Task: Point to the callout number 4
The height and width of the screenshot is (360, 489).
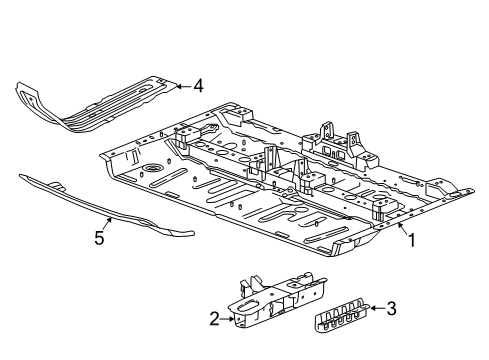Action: (198, 87)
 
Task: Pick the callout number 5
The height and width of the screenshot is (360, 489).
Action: (98, 239)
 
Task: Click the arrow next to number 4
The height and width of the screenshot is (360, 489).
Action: (181, 85)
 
